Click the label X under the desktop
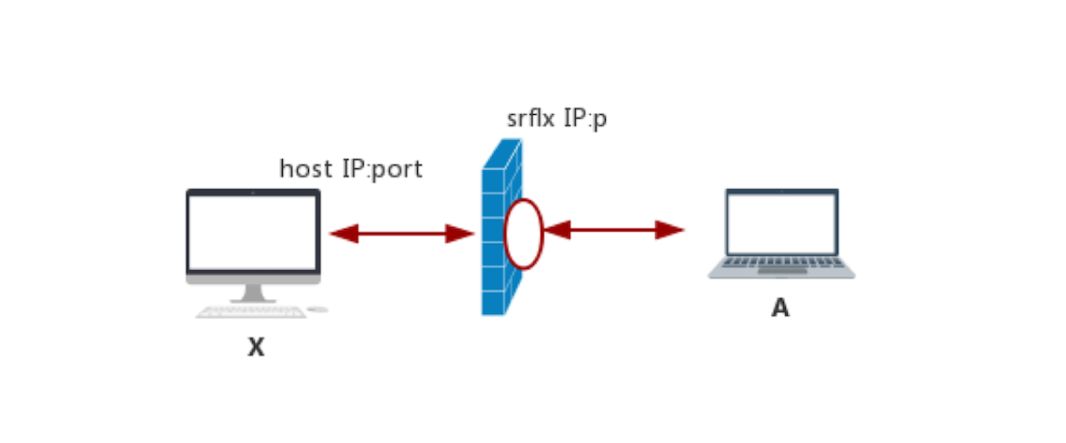[256, 348]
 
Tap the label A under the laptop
[779, 308]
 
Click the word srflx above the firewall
[531, 120]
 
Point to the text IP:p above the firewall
[584, 120]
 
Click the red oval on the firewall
[524, 234]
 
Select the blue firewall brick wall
[494, 271]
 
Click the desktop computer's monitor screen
[253, 232]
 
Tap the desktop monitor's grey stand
[253, 293]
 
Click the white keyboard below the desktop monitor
[251, 312]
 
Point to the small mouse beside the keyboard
[317, 309]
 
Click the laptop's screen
[782, 223]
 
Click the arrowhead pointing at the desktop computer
[344, 234]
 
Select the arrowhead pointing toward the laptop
[669, 230]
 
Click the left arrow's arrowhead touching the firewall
[460, 234]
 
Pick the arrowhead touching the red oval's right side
[557, 230]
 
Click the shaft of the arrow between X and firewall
[401, 234]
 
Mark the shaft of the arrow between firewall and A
[612, 230]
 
